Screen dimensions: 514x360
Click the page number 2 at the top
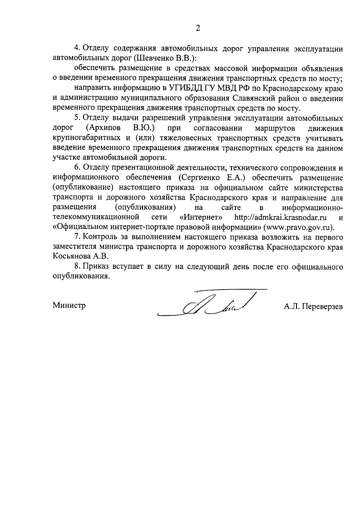(198, 28)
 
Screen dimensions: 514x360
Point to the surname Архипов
(103, 128)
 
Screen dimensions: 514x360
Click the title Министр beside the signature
(69, 305)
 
